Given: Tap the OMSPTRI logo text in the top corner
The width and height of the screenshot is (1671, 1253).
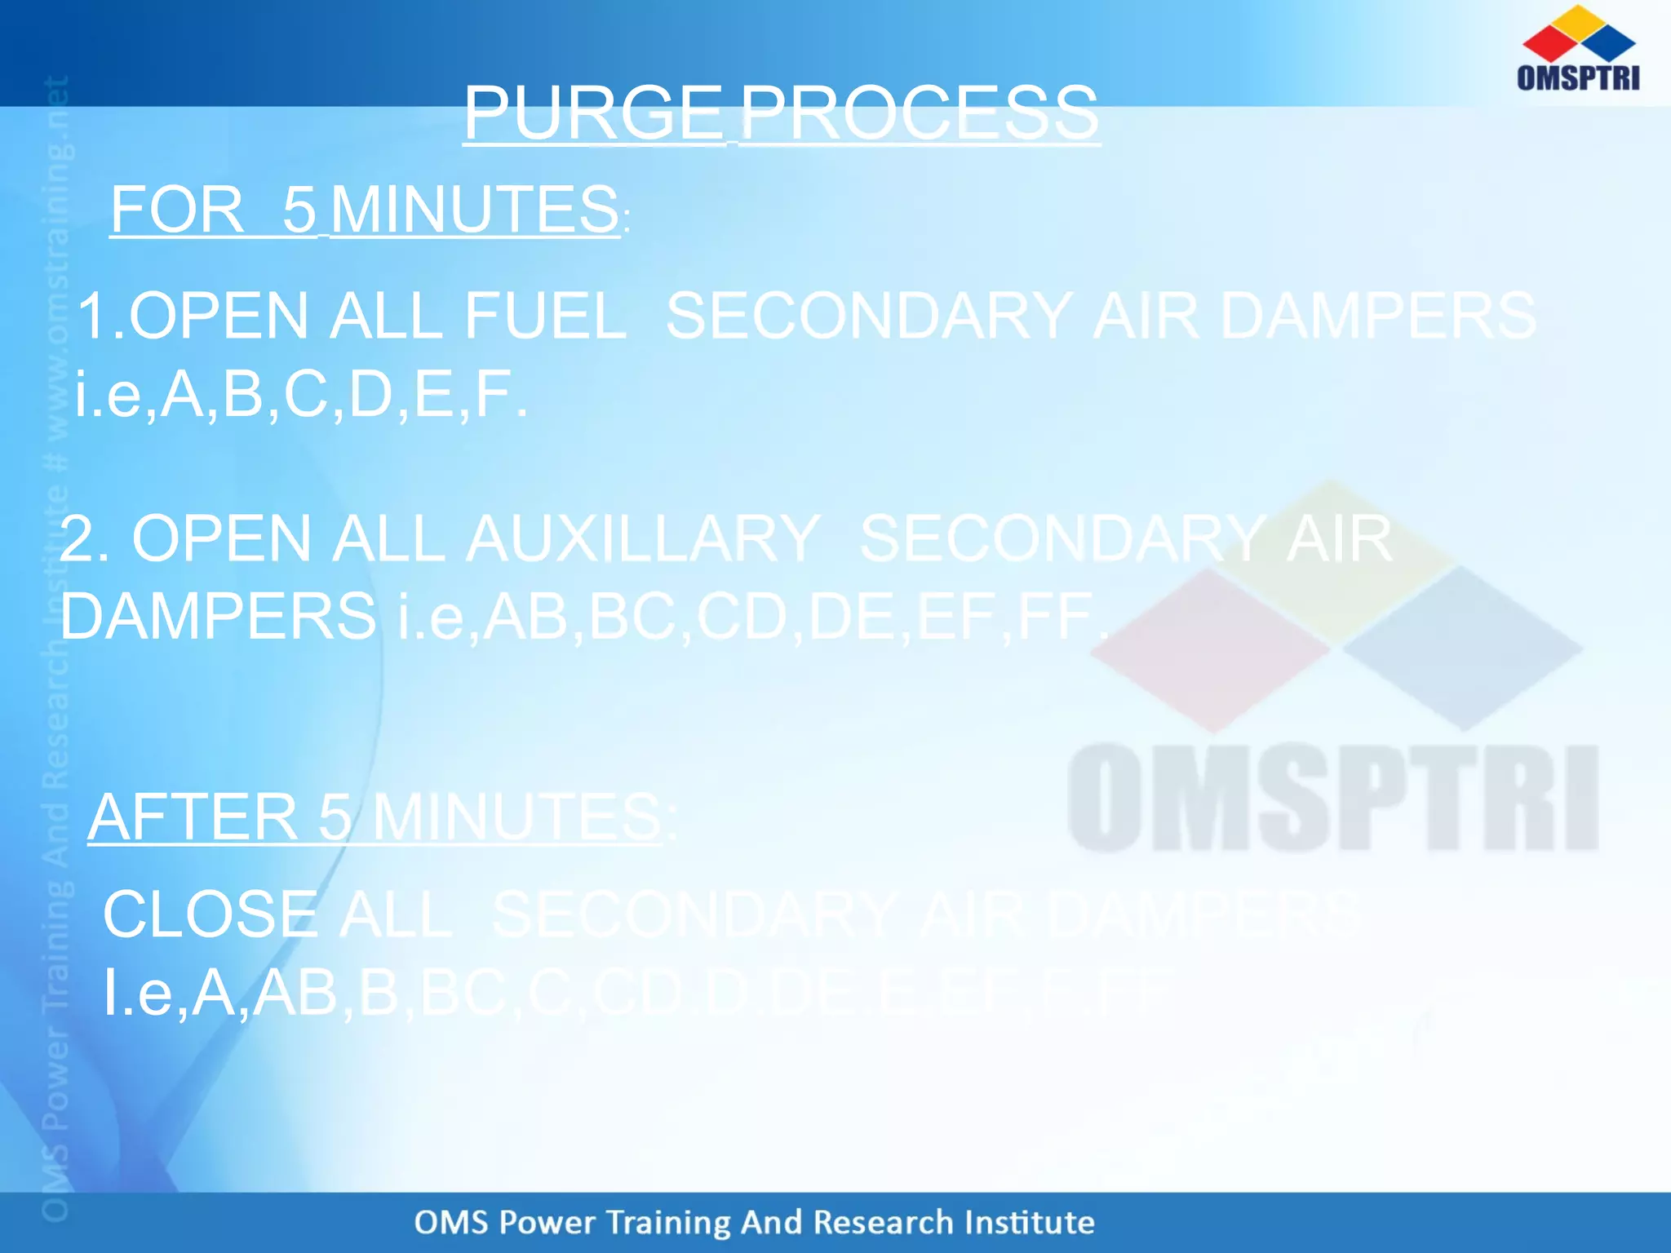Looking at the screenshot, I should (1577, 77).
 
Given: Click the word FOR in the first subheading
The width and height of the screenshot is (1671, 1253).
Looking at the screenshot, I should (177, 210).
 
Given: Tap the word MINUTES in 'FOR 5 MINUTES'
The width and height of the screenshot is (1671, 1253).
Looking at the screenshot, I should (475, 210).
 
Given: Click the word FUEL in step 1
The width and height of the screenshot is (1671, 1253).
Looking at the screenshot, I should (545, 316).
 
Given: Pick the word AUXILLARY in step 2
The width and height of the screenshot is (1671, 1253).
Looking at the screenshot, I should (642, 538).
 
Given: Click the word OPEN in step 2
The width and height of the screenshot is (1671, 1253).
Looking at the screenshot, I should (221, 538).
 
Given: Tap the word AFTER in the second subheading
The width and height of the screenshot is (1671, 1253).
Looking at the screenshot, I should (193, 817).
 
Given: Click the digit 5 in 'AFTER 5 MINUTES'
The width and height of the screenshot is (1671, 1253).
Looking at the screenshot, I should (335, 817).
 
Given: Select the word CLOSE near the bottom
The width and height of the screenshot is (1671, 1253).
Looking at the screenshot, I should (211, 914).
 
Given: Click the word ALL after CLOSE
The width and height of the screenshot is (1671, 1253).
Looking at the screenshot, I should (395, 914).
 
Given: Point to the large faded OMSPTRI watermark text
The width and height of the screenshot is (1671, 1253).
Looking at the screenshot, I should (1332, 799).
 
